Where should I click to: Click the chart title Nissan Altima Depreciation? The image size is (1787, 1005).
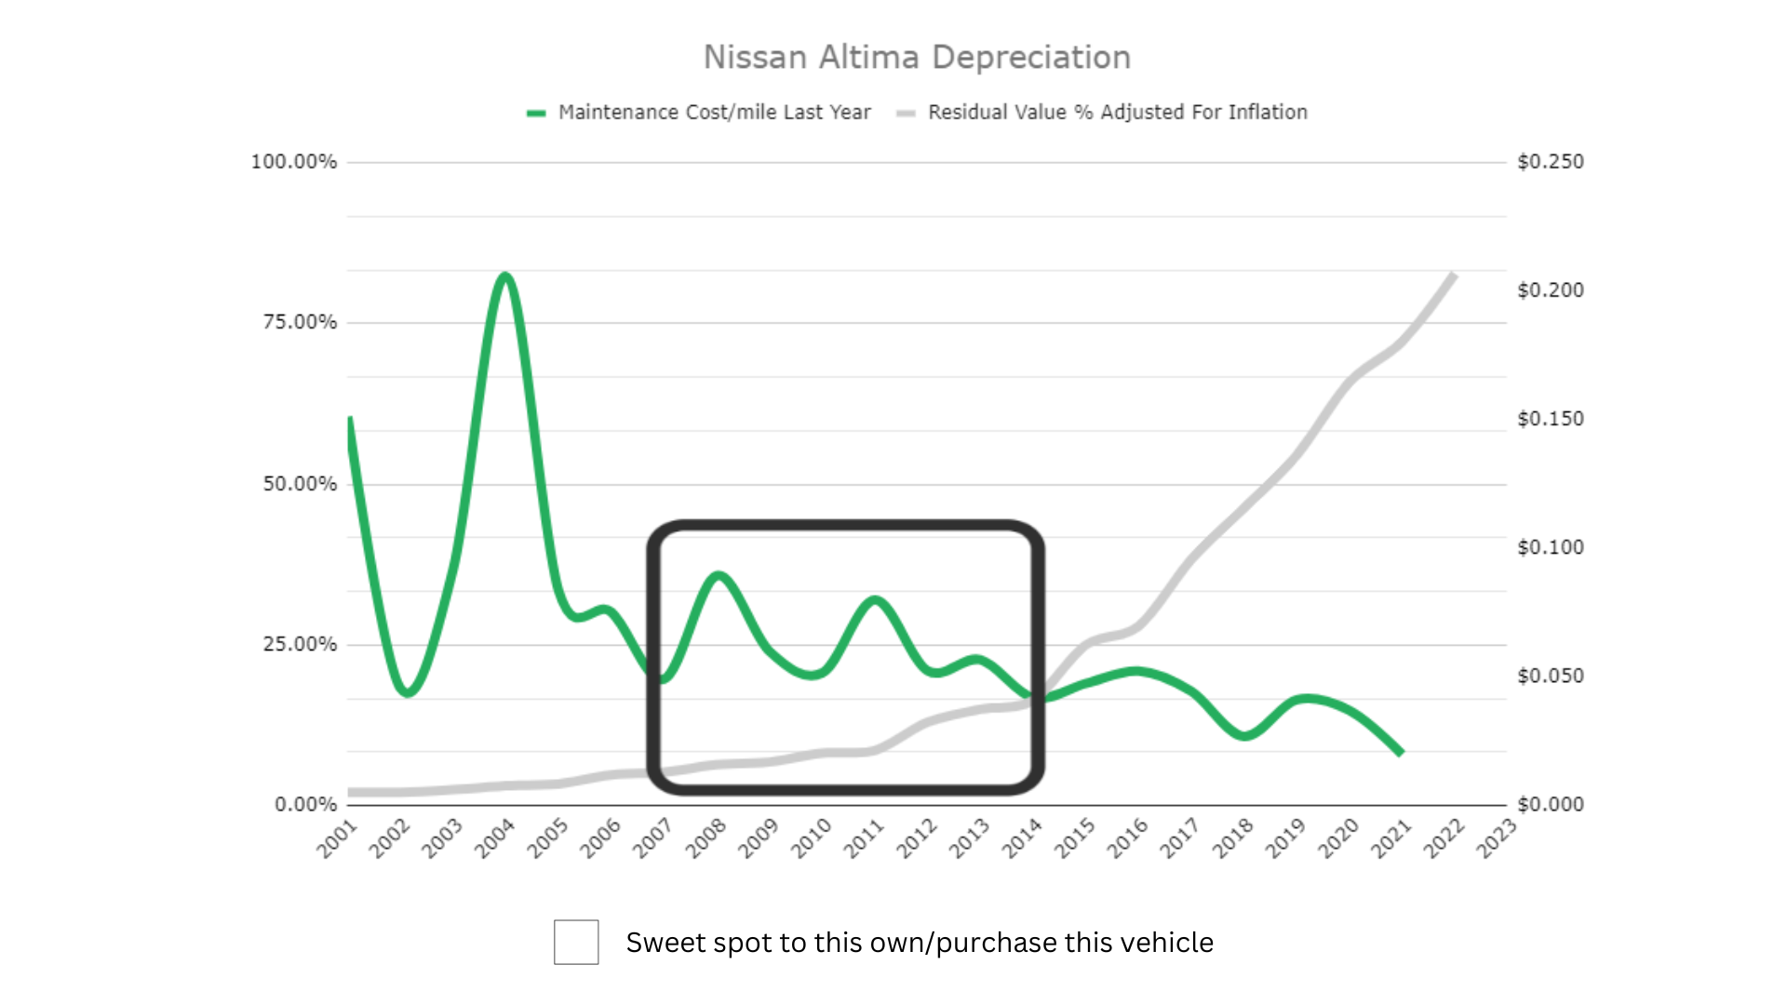[917, 58]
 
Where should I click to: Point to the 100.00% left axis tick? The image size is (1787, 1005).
[294, 162]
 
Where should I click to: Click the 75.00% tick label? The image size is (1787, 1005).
[300, 322]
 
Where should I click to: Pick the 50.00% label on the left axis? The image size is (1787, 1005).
[300, 484]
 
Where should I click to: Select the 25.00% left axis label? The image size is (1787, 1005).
[300, 644]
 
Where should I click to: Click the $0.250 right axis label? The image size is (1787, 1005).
[1551, 162]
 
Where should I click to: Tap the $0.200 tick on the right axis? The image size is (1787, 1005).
[1551, 290]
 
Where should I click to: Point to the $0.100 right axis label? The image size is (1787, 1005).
[1551, 547]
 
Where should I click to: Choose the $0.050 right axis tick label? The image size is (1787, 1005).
[1551, 676]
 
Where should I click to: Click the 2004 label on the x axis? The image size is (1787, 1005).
[494, 838]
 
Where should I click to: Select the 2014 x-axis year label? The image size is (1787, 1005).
[1022, 838]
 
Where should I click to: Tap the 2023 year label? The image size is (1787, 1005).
[1497, 838]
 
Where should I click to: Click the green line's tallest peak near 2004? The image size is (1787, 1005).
[504, 275]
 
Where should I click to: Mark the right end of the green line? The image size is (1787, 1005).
[1401, 752]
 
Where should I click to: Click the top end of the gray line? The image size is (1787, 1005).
[1453, 275]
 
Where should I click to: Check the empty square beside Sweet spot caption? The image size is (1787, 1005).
[576, 943]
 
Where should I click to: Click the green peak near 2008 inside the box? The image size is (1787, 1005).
[719, 576]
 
